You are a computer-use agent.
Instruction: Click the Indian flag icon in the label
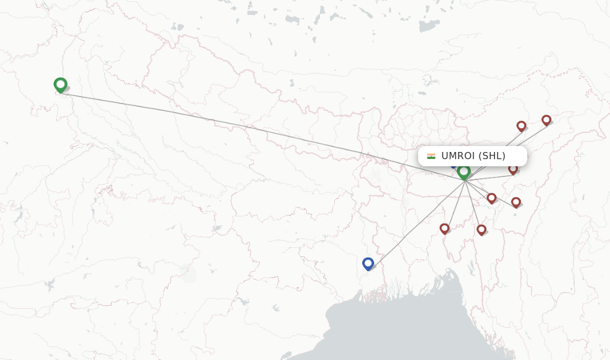(431, 156)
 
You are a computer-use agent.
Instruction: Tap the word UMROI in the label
(457, 156)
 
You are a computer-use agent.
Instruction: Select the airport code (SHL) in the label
(492, 156)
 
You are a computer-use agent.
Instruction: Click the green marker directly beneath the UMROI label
(464, 172)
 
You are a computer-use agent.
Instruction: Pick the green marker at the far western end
(60, 85)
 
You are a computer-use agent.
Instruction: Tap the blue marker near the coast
(368, 263)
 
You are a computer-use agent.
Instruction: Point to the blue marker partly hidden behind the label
(454, 164)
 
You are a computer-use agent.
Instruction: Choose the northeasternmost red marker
(546, 120)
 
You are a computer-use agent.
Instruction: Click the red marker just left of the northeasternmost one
(521, 126)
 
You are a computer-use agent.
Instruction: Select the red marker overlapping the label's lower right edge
(513, 170)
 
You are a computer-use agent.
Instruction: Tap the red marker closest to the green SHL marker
(491, 198)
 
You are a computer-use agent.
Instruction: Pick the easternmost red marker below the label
(516, 203)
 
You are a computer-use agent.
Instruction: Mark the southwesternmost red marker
(444, 229)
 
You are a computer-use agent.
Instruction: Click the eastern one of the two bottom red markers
(481, 230)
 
